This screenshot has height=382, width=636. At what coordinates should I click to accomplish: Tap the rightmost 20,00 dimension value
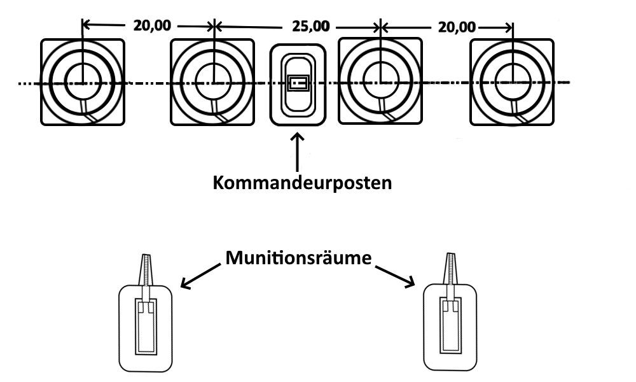[457, 27]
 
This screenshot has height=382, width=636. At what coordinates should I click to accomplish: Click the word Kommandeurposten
[302, 183]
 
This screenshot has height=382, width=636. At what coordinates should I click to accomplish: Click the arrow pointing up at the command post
[298, 150]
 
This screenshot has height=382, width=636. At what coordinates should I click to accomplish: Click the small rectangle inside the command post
[298, 83]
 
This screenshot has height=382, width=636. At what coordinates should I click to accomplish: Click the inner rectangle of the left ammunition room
[146, 328]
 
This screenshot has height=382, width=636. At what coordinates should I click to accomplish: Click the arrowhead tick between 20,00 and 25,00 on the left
[215, 27]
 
